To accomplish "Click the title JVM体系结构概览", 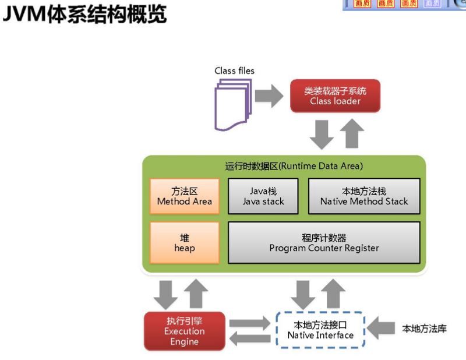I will (84, 14).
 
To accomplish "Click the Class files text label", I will (234, 70).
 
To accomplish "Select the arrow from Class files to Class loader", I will (269, 96).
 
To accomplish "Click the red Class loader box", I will (335, 96).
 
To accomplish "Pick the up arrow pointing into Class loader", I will (351, 133).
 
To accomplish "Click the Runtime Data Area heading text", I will (294, 166).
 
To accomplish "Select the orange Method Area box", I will (185, 196).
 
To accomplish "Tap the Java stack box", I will (263, 196).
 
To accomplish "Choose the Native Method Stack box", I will (364, 196).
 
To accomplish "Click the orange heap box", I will (185, 243).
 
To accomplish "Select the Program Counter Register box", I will (324, 243).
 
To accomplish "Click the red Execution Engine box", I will (184, 331).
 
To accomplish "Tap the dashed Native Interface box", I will (320, 330).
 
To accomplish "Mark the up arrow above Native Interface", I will (334, 293).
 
